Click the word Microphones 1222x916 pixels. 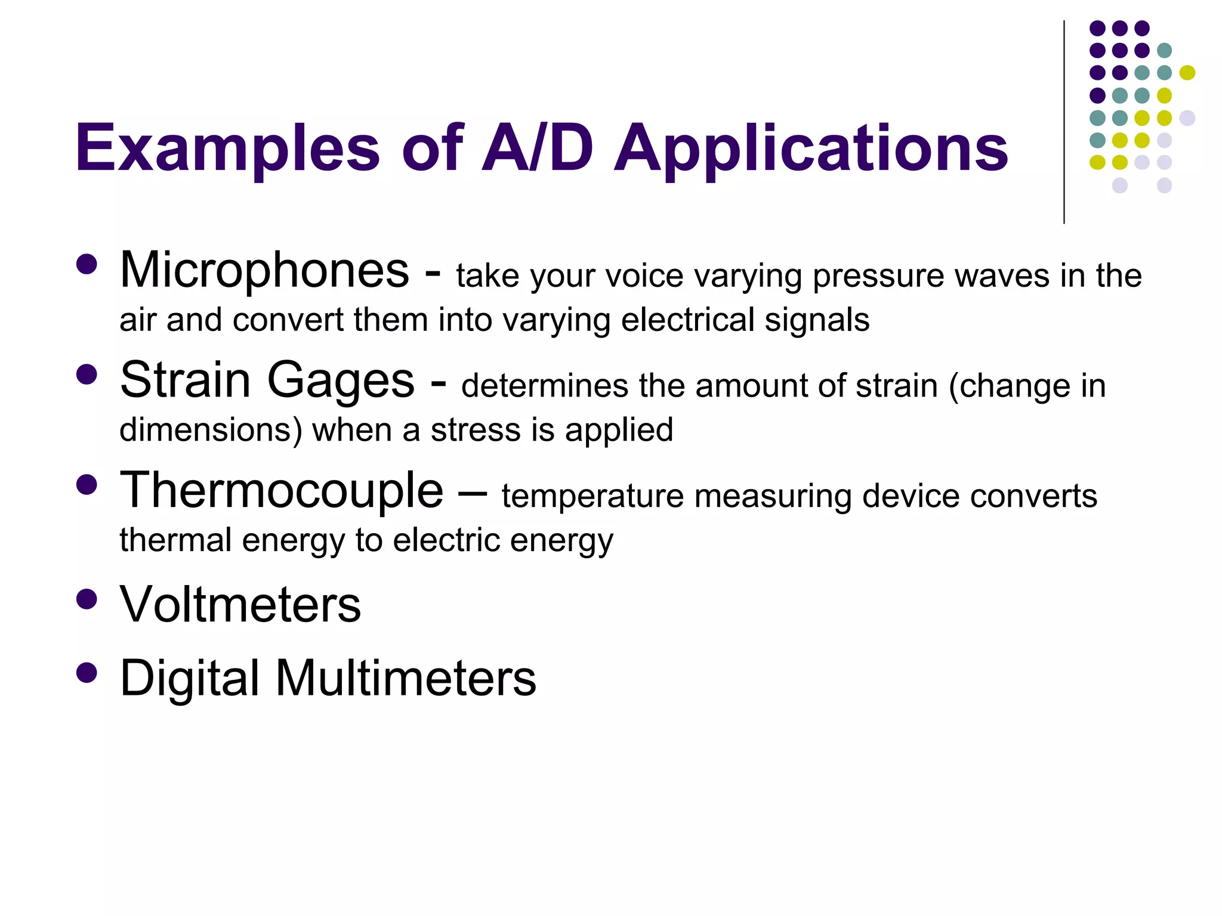264,271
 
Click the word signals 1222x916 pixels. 817,321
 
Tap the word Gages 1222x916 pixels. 340,382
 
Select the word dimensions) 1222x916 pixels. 211,431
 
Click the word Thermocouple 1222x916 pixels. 282,491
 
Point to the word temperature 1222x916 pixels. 593,496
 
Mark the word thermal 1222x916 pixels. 175,540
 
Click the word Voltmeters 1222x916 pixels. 240,605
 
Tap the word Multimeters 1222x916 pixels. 406,679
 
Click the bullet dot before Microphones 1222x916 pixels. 87,265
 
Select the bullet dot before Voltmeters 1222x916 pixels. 87,599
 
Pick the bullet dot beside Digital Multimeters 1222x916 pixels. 87,673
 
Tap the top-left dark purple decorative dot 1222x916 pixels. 1097,28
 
